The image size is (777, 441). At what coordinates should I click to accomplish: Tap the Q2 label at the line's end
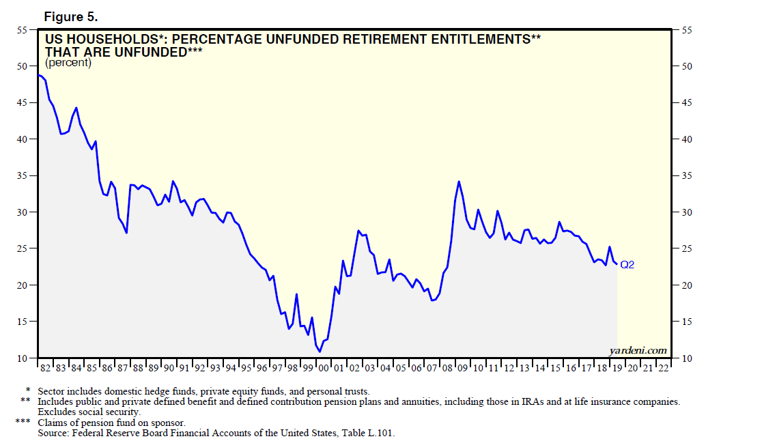point(627,265)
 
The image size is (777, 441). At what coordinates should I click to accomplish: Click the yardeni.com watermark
point(638,350)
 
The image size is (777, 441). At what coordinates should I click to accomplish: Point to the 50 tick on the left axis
point(22,66)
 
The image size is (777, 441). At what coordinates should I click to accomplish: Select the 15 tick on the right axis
point(687,322)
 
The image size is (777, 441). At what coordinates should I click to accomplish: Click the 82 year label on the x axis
point(45,369)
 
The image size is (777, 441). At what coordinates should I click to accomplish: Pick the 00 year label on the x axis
point(324,369)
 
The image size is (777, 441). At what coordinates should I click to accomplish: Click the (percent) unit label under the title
point(68,63)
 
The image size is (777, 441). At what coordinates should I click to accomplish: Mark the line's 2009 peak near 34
point(459,181)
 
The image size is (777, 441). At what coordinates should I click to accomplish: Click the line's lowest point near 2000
point(320,352)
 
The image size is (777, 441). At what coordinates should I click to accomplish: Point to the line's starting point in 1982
point(39,75)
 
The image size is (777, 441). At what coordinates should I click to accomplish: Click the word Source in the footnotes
point(53,433)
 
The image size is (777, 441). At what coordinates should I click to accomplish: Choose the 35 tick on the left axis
point(22,175)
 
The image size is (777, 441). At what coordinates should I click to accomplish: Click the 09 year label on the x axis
point(462,369)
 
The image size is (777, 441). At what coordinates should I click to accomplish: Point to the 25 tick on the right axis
point(687,248)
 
